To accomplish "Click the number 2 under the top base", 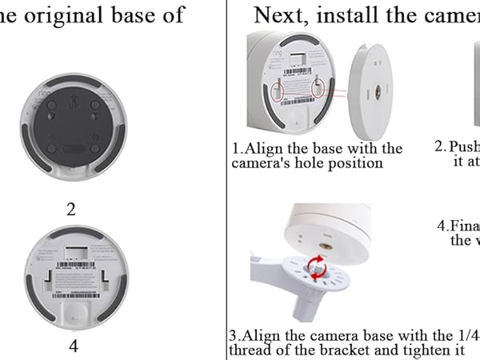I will [x=71, y=210].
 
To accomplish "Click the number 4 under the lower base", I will [x=74, y=346].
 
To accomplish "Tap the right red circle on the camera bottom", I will [x=318, y=87].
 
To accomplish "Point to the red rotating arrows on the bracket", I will [x=318, y=266].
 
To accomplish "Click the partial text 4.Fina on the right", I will [x=458, y=225].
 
